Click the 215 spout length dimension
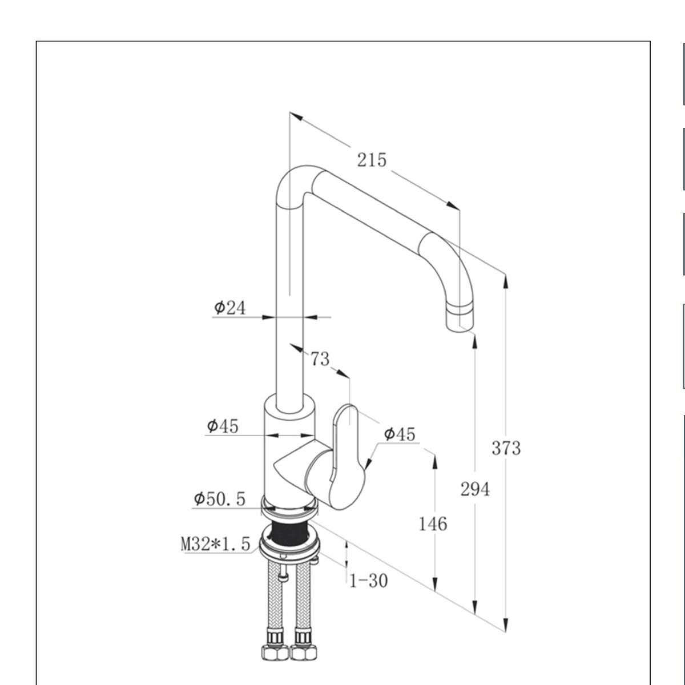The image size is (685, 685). click(x=372, y=160)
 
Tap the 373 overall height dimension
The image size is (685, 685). click(x=506, y=448)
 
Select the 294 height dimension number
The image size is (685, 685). click(x=475, y=489)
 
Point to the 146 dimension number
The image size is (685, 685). click(x=433, y=523)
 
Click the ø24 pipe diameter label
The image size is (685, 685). click(x=230, y=308)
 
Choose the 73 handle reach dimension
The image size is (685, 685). click(x=320, y=359)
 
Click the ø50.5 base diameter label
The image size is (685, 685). click(x=220, y=499)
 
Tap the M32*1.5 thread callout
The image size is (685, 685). click(x=216, y=544)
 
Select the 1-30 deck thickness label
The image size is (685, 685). click(x=368, y=581)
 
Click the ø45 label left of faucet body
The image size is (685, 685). click(x=223, y=426)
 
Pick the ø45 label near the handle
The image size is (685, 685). click(x=400, y=434)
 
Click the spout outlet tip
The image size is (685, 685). click(x=460, y=320)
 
